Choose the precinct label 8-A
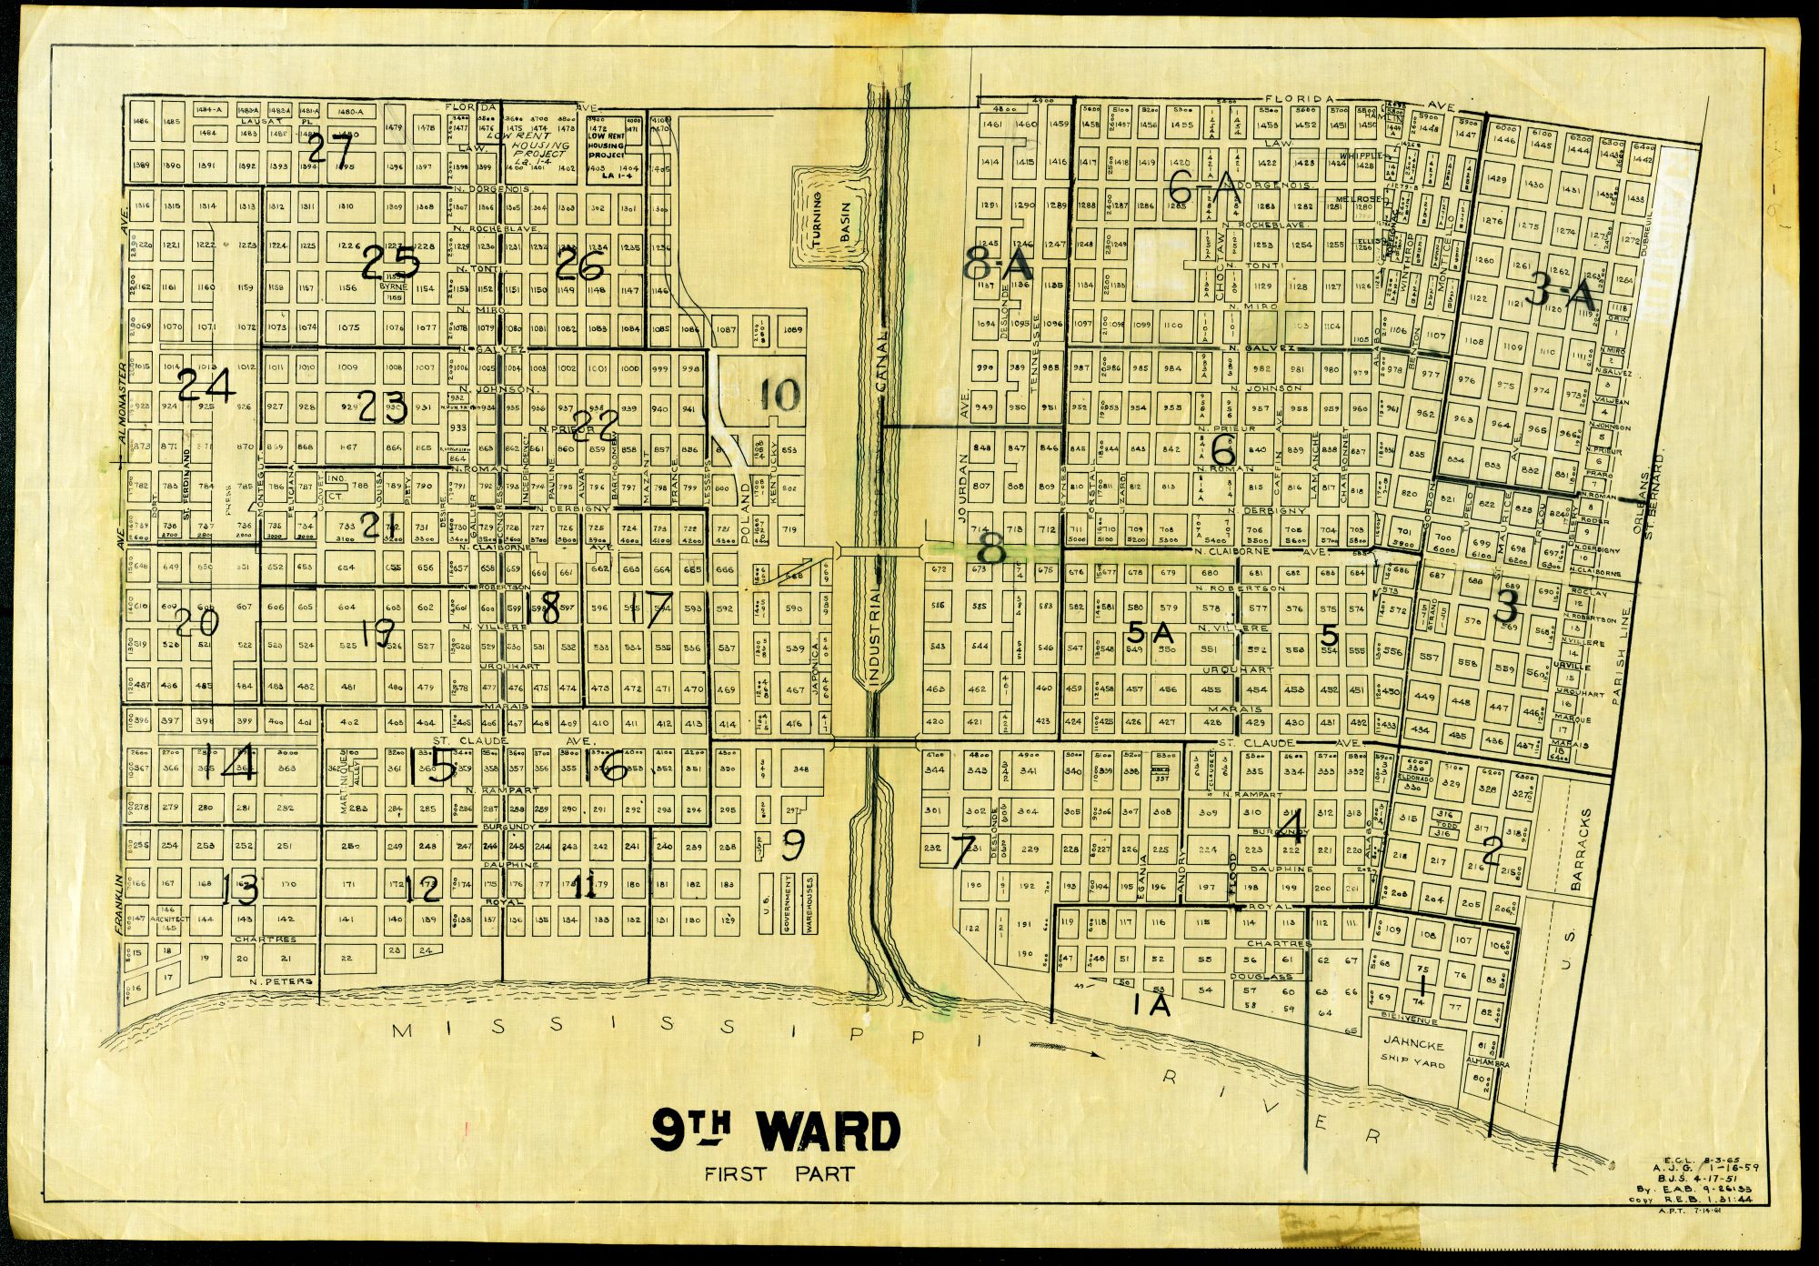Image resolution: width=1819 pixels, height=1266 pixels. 999,266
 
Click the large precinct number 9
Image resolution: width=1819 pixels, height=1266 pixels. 793,846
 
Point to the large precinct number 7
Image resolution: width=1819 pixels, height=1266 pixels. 962,851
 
